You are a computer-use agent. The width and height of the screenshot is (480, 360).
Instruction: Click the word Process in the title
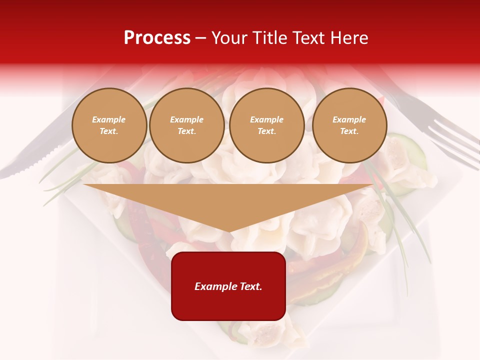(157, 38)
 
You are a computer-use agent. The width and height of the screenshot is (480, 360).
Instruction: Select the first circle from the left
(109, 125)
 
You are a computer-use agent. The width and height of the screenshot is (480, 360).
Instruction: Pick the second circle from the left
(187, 125)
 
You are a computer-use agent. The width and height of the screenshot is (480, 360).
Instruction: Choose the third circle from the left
(267, 125)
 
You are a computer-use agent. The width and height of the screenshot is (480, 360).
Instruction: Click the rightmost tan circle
(349, 125)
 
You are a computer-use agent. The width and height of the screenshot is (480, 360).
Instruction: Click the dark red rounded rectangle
(228, 286)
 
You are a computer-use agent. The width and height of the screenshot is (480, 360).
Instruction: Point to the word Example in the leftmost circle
(109, 120)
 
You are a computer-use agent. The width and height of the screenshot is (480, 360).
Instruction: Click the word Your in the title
(228, 38)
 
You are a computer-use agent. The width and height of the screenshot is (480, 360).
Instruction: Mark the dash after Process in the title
(201, 38)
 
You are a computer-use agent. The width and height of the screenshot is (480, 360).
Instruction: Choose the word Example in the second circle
(187, 120)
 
